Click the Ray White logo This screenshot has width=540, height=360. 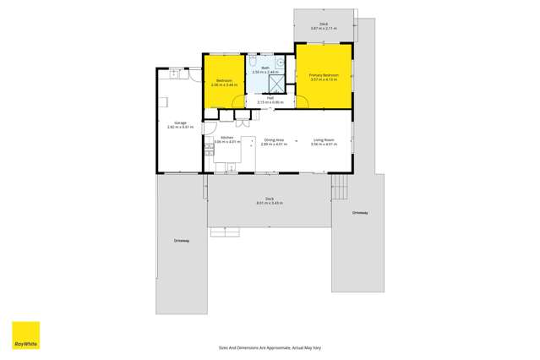tap(25, 335)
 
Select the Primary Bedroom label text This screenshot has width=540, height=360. tap(325, 75)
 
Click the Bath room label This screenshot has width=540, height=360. tap(265, 68)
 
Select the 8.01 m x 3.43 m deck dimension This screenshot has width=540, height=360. tap(270, 204)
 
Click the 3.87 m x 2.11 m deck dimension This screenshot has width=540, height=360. tap(324, 28)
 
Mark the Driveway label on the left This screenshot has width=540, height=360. tap(182, 240)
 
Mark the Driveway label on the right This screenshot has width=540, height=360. tap(361, 212)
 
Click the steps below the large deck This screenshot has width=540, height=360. tap(220, 231)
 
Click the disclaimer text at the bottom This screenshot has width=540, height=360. tap(270, 347)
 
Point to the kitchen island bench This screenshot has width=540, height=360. tap(248, 152)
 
